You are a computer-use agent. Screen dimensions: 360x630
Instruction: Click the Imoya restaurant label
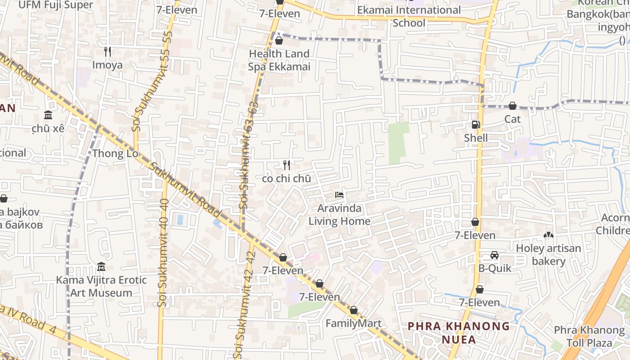(x=108, y=65)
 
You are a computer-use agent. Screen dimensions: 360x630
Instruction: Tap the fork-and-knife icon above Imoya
(x=108, y=52)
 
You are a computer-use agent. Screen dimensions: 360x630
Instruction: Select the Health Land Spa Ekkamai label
(x=279, y=60)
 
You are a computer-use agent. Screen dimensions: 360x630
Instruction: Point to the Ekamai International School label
(x=409, y=16)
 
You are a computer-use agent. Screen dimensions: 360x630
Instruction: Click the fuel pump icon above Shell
(x=476, y=125)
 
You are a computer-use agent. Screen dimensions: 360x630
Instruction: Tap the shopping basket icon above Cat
(x=512, y=106)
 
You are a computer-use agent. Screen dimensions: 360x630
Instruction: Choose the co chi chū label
(x=286, y=178)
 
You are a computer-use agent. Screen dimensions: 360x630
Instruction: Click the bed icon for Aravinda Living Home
(x=339, y=195)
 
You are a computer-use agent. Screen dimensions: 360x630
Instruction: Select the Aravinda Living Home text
(x=339, y=215)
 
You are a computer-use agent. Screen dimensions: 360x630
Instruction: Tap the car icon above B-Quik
(x=495, y=255)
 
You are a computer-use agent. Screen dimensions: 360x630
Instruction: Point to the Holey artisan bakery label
(x=549, y=255)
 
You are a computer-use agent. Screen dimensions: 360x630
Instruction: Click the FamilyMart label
(x=353, y=323)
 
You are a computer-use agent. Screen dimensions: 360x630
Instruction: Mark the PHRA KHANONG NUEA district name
(x=459, y=333)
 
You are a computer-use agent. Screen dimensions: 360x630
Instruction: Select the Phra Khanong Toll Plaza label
(x=589, y=337)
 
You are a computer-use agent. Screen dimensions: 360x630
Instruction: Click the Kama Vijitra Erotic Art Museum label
(x=101, y=286)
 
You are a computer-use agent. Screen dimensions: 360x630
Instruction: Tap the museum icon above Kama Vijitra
(x=101, y=267)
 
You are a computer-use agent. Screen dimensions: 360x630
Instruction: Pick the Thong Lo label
(x=115, y=153)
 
